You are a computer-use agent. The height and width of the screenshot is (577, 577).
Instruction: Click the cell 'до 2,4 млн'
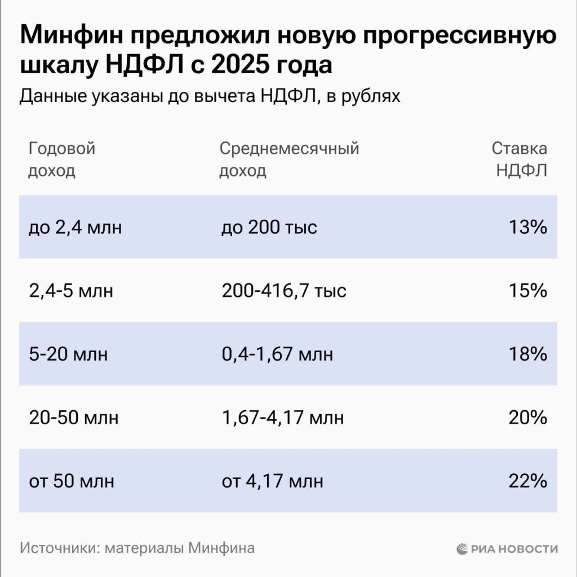click(75, 228)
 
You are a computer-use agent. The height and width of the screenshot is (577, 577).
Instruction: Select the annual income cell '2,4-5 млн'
click(70, 291)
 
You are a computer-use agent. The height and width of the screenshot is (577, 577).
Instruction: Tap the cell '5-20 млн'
click(68, 354)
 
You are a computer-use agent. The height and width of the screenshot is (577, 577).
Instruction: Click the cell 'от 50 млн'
click(71, 482)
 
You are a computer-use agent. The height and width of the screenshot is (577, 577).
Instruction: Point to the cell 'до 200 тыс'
click(269, 228)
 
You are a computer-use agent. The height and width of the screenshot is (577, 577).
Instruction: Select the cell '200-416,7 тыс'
click(283, 291)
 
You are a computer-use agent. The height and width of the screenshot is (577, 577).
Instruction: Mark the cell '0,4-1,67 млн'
click(277, 354)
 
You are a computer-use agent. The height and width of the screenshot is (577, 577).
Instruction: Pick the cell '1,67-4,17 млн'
click(282, 418)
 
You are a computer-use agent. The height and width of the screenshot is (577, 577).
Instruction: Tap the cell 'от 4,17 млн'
click(272, 482)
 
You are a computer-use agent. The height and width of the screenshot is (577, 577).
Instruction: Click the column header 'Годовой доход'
click(61, 159)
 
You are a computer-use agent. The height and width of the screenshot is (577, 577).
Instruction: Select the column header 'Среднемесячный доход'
click(288, 159)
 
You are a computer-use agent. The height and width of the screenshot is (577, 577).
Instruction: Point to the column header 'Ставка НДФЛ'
click(520, 159)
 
